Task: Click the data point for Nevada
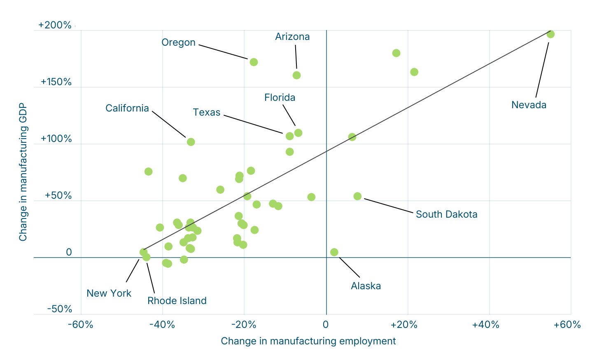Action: coord(550,34)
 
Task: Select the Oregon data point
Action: coord(254,62)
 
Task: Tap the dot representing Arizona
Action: coord(296,75)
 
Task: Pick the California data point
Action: coord(191,142)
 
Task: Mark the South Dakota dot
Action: coord(357,196)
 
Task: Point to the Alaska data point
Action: coord(334,252)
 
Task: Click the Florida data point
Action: coord(298,133)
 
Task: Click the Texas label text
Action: coord(207,112)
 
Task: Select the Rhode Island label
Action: coord(177,301)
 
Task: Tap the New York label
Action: coord(109,293)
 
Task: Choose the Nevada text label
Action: coord(529,105)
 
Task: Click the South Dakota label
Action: coord(446,214)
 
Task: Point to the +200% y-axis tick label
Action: coord(55,25)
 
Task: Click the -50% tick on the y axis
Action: coord(60,309)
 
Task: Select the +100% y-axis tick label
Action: coord(56,139)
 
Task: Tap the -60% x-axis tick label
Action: coord(80,325)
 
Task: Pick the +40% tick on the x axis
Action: coord(486,325)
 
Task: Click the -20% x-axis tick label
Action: coord(244,325)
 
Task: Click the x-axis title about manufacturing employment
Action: coord(308,341)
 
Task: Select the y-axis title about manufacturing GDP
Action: coord(23,172)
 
